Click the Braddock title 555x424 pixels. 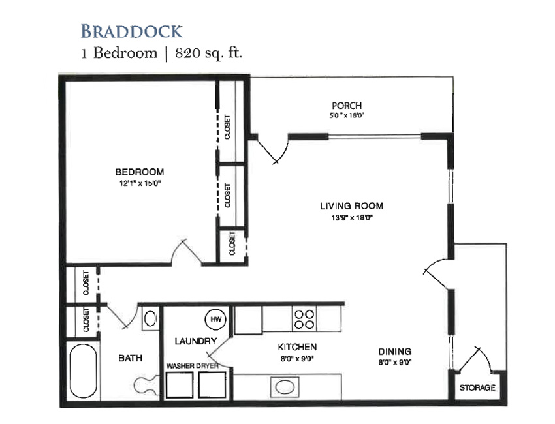(132, 31)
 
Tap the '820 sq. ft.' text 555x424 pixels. (209, 53)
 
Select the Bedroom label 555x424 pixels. (140, 172)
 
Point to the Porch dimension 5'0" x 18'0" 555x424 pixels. (347, 115)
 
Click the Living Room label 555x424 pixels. (351, 206)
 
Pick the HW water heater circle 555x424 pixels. (215, 320)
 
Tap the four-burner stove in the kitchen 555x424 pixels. (304, 320)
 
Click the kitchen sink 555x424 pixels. (285, 387)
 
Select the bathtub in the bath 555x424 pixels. (83, 371)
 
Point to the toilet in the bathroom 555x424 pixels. (146, 385)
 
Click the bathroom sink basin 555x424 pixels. (150, 318)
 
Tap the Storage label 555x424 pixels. (477, 388)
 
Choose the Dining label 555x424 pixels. (394, 352)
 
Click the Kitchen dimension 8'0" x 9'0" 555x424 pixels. (297, 359)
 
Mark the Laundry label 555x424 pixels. (196, 341)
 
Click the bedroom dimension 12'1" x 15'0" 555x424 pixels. (140, 183)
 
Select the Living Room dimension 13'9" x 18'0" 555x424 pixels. (352, 217)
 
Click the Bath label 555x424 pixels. (130, 358)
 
